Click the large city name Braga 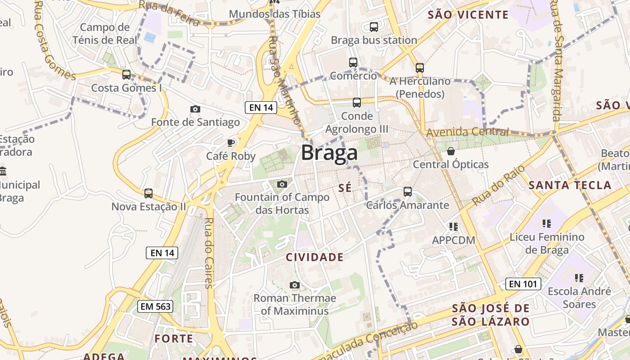pos(329,153)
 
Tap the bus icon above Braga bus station pos(374,27)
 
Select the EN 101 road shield pos(522,284)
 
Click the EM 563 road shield pos(155,306)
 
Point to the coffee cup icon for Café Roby pos(231,143)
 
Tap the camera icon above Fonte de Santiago pos(195,109)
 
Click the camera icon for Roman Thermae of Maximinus pos(295,285)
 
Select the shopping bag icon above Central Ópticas pos(451,151)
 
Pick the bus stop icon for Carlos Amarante pos(408,192)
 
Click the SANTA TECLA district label pos(570,185)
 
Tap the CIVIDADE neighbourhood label pos(315,257)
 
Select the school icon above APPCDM pos(453,226)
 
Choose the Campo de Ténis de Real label pos(105,34)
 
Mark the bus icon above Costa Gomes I pos(126,75)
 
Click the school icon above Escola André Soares pos(579,278)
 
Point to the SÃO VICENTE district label pos(468,15)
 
